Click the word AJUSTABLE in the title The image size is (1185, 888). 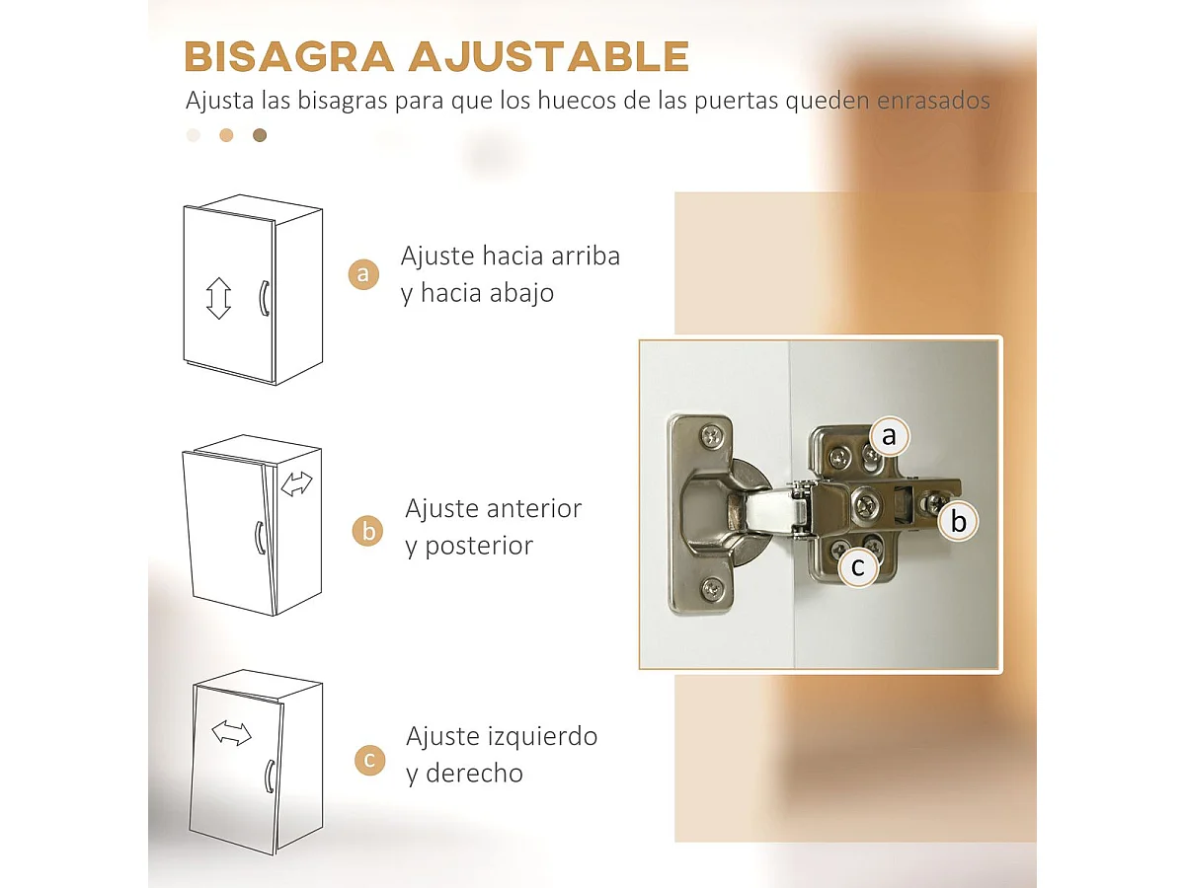[x=548, y=57]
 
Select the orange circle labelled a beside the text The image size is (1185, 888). [x=364, y=274]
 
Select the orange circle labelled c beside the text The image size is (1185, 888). [x=369, y=760]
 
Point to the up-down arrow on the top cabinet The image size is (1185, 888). [x=218, y=298]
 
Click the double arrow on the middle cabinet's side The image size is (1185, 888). [x=296, y=483]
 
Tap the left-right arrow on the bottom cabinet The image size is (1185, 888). [x=232, y=733]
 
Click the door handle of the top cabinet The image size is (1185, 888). [x=264, y=299]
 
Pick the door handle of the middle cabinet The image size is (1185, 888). [x=259, y=538]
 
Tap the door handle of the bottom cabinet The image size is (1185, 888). [x=268, y=777]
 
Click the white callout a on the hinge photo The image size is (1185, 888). [x=890, y=435]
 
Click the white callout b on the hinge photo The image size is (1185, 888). [x=959, y=521]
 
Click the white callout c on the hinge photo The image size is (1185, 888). [x=857, y=567]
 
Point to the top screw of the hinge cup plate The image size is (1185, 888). [x=712, y=435]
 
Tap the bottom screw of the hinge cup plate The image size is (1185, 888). [x=711, y=589]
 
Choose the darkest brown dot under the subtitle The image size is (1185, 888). [x=260, y=135]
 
